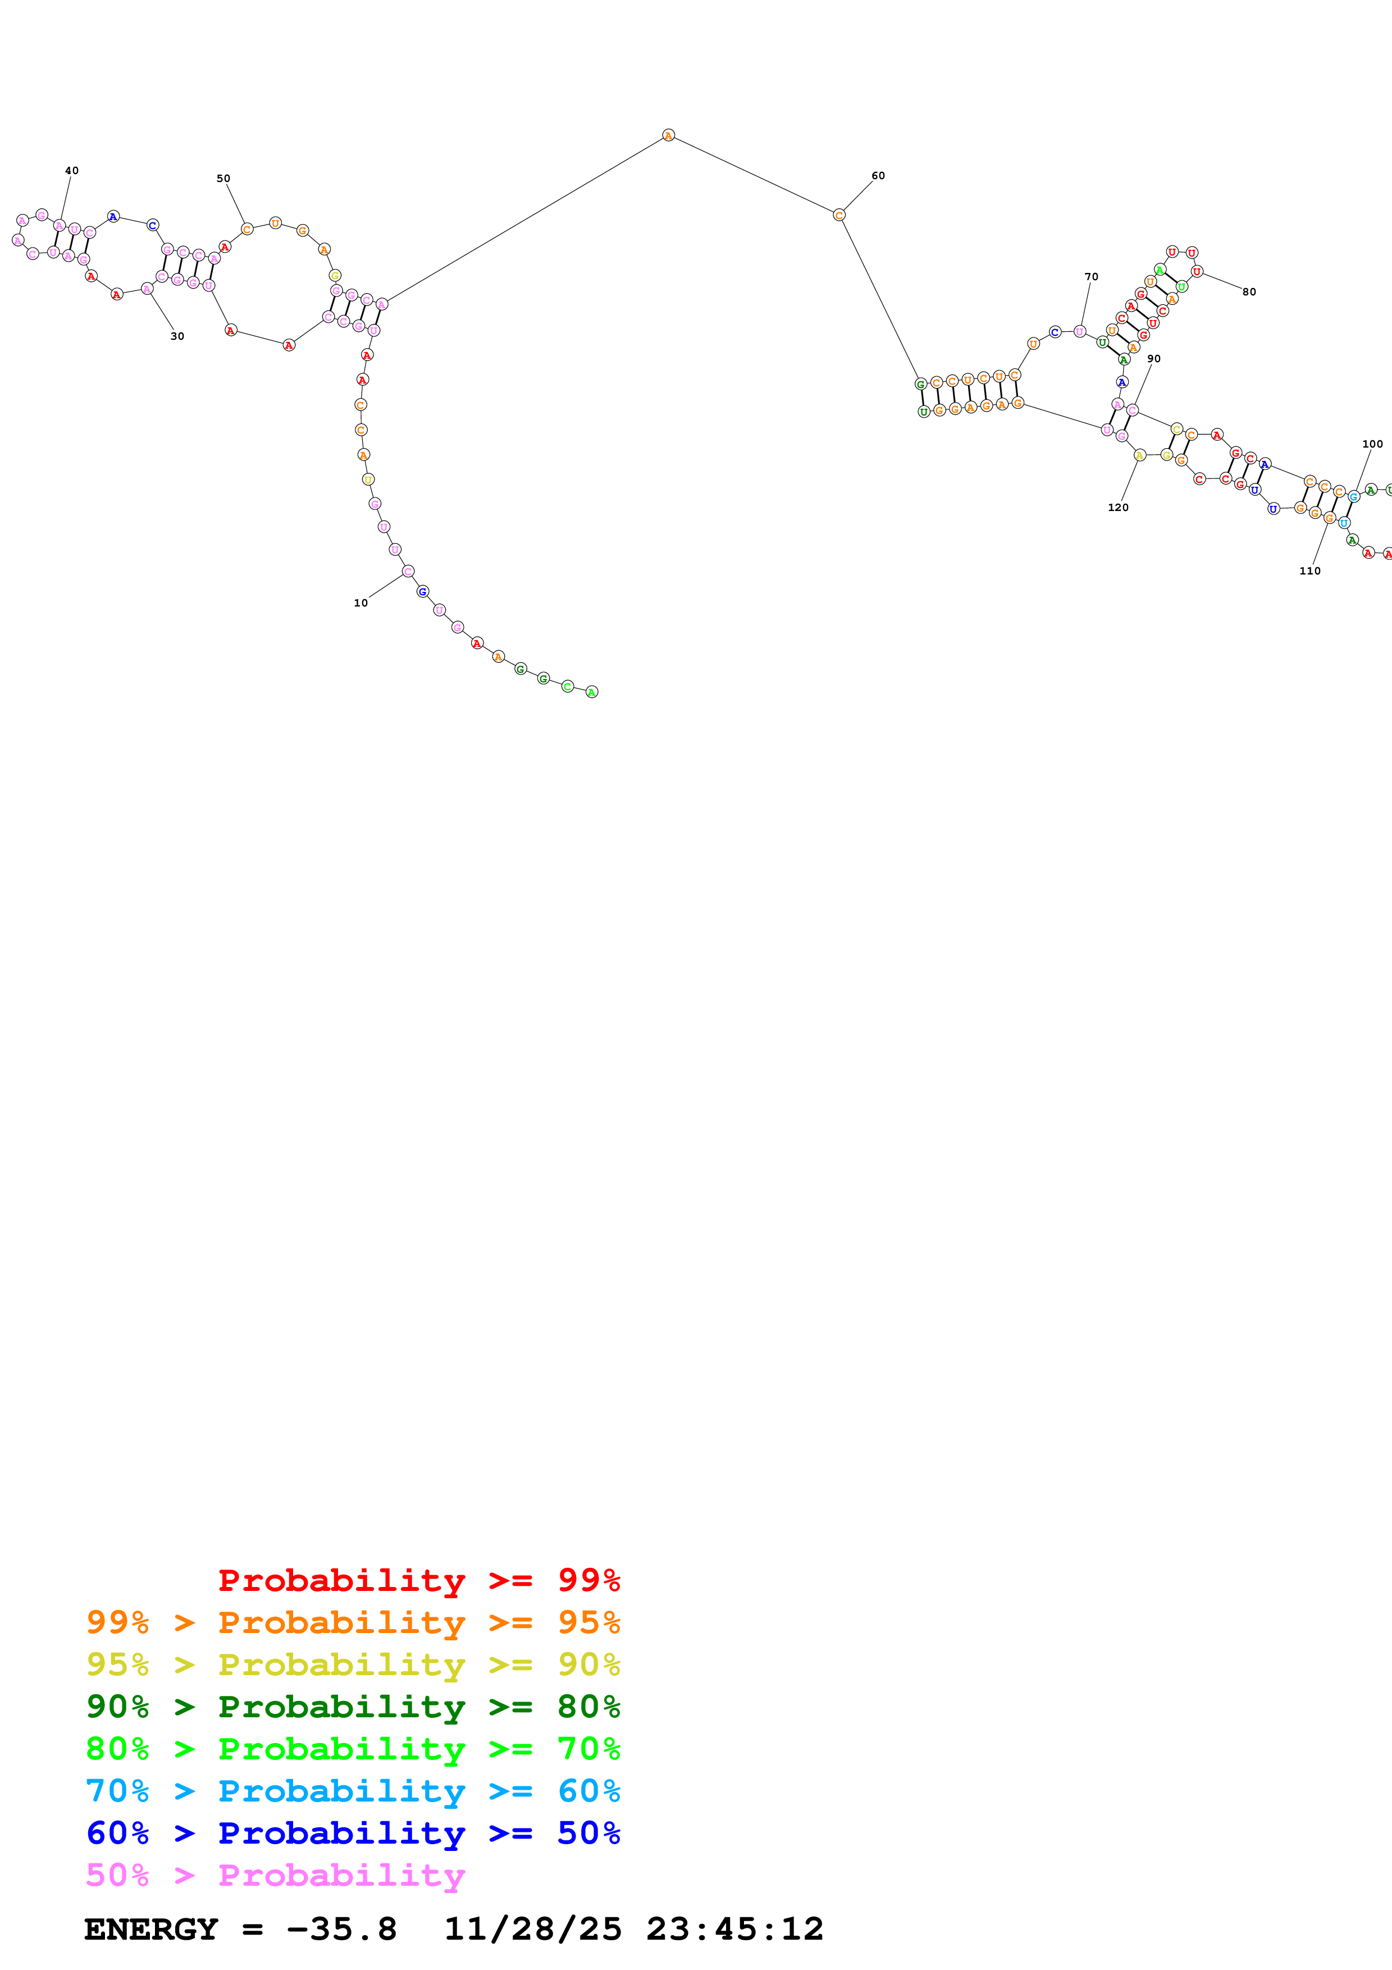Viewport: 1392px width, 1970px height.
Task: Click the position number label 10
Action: pyautogui.click(x=361, y=603)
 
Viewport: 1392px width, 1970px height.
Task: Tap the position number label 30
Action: pyautogui.click(x=177, y=336)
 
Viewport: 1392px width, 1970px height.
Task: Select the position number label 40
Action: pyautogui.click(x=72, y=171)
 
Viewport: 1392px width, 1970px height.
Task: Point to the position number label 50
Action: pyautogui.click(x=223, y=179)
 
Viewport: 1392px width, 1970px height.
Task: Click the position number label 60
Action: pyautogui.click(x=878, y=176)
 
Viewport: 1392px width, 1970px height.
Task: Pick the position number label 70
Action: pyautogui.click(x=1091, y=277)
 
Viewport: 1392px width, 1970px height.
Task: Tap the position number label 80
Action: pyautogui.click(x=1249, y=291)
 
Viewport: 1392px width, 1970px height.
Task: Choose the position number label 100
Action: pyautogui.click(x=1372, y=444)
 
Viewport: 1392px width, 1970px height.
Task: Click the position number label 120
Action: pyautogui.click(x=1119, y=508)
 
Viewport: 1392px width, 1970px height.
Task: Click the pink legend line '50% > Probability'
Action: pyautogui.click(x=275, y=1876)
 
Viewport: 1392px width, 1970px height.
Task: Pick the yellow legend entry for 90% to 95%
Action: pyautogui.click(x=353, y=1665)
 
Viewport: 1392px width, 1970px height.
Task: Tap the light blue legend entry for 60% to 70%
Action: pyautogui.click(x=353, y=1791)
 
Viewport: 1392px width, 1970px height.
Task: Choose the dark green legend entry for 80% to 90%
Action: pyautogui.click(x=353, y=1707)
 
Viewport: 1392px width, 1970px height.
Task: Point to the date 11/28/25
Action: pyautogui.click(x=532, y=1930)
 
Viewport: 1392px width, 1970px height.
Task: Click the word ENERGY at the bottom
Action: pyautogui.click(x=151, y=1930)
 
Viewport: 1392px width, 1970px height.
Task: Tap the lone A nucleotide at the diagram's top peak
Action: pyautogui.click(x=668, y=135)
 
